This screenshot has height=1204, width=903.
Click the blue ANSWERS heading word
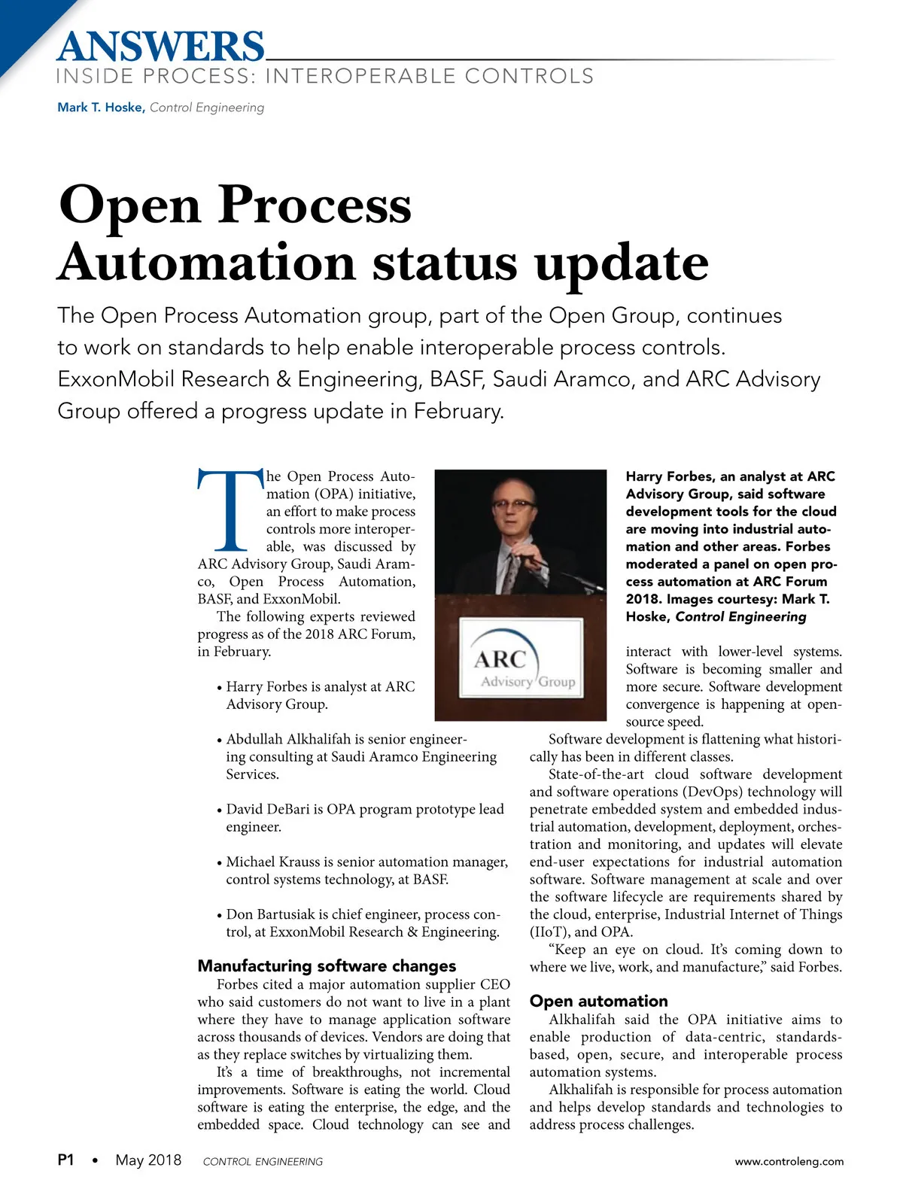(x=160, y=47)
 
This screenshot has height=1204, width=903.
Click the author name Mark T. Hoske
(x=101, y=108)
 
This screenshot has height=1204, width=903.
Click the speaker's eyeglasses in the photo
(x=515, y=503)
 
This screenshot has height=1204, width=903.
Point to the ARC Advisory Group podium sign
(x=521, y=659)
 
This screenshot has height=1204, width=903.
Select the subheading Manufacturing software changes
(x=327, y=965)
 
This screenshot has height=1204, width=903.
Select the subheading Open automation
(x=598, y=1001)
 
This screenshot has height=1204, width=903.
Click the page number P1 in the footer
(x=66, y=1160)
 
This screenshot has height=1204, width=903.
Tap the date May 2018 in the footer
(x=148, y=1160)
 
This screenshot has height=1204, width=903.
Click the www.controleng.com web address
(x=789, y=1161)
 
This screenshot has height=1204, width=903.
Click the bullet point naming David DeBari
(x=364, y=818)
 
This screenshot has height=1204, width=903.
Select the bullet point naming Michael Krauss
(x=366, y=871)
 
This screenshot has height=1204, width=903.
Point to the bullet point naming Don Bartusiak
(x=362, y=923)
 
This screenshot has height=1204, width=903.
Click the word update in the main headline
(x=622, y=263)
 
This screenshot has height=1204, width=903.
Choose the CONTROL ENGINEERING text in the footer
(x=263, y=1162)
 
